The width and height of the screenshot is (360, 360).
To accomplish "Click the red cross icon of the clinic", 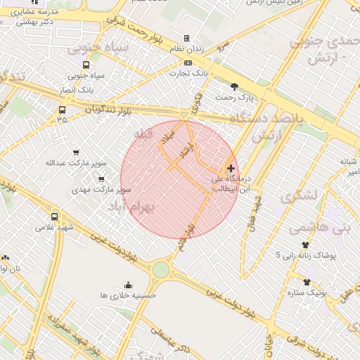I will (x=231, y=168).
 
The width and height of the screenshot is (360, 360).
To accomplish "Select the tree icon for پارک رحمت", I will (x=234, y=86).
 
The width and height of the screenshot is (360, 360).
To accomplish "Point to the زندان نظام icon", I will (x=186, y=38).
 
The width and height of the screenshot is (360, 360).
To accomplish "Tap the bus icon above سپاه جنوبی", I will (x=86, y=64).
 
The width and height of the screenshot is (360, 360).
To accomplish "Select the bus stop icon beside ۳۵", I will (x=63, y=110).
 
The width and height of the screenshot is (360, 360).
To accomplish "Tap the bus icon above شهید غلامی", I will (x=55, y=217).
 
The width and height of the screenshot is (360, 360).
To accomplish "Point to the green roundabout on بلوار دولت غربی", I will (x=161, y=269).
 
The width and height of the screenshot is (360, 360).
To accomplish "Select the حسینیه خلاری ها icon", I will (x=128, y=285).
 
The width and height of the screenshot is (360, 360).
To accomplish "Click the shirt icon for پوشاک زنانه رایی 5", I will (x=305, y=244).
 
